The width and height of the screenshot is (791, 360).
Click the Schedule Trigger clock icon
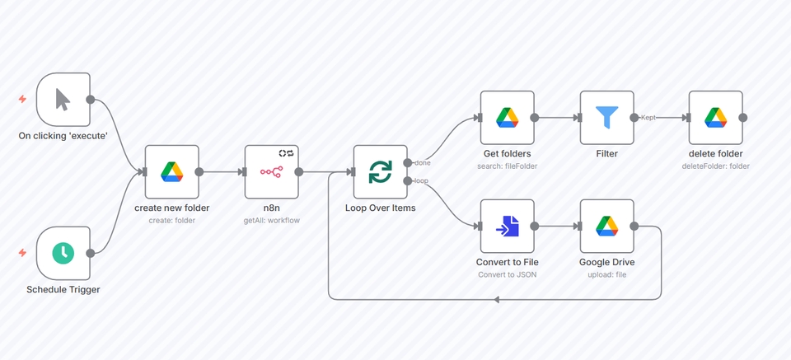pos(63,253)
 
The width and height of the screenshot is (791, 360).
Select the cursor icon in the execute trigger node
pos(63,99)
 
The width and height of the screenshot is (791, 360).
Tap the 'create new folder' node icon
pos(171,172)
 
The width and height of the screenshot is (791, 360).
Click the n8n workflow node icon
pos(271,172)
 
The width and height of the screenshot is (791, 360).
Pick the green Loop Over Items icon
pos(380,172)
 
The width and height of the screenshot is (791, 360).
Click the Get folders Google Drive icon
pos(507,118)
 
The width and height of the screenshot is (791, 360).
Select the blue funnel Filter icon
pos(606,118)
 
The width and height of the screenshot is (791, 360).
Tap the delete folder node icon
pos(715,118)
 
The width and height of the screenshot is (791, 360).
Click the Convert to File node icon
pos(507,226)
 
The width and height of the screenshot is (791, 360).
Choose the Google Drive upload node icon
pos(606,226)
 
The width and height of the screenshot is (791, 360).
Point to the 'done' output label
pos(422,163)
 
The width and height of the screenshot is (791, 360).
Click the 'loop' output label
pos(421,180)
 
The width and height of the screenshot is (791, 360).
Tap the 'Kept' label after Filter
pos(648,118)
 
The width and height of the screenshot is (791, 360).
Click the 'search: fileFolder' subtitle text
pos(507,166)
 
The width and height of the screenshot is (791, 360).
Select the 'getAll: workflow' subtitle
pos(271,220)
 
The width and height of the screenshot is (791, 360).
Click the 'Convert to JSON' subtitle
pos(507,274)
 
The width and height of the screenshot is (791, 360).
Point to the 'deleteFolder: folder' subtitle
pos(715,166)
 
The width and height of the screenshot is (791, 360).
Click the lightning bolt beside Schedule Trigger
pos(22,253)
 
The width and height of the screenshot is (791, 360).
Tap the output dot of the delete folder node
pos(742,118)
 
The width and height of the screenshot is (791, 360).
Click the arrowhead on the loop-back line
pos(497,299)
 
